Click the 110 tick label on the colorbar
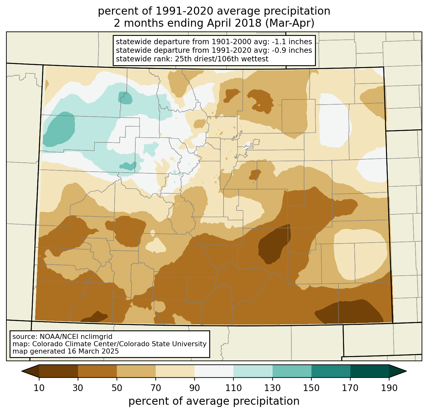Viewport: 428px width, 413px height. [x=233, y=388]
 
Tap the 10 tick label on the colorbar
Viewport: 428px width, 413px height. [x=39, y=388]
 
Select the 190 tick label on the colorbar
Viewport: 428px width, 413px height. [x=389, y=388]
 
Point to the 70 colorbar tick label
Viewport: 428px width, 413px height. [x=156, y=388]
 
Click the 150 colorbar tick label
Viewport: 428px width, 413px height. [x=311, y=388]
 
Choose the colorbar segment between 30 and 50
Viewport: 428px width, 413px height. [x=97, y=371]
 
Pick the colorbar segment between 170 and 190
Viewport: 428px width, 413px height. [x=369, y=371]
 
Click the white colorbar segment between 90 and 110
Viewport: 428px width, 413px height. [x=214, y=371]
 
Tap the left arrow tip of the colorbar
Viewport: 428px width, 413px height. [x=22, y=371]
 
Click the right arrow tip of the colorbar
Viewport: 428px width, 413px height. [x=406, y=371]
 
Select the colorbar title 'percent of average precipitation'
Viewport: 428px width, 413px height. [x=214, y=401]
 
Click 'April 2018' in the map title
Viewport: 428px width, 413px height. [x=234, y=23]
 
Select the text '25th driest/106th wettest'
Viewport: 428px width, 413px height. [x=222, y=59]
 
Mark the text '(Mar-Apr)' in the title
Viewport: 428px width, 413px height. [x=290, y=23]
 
